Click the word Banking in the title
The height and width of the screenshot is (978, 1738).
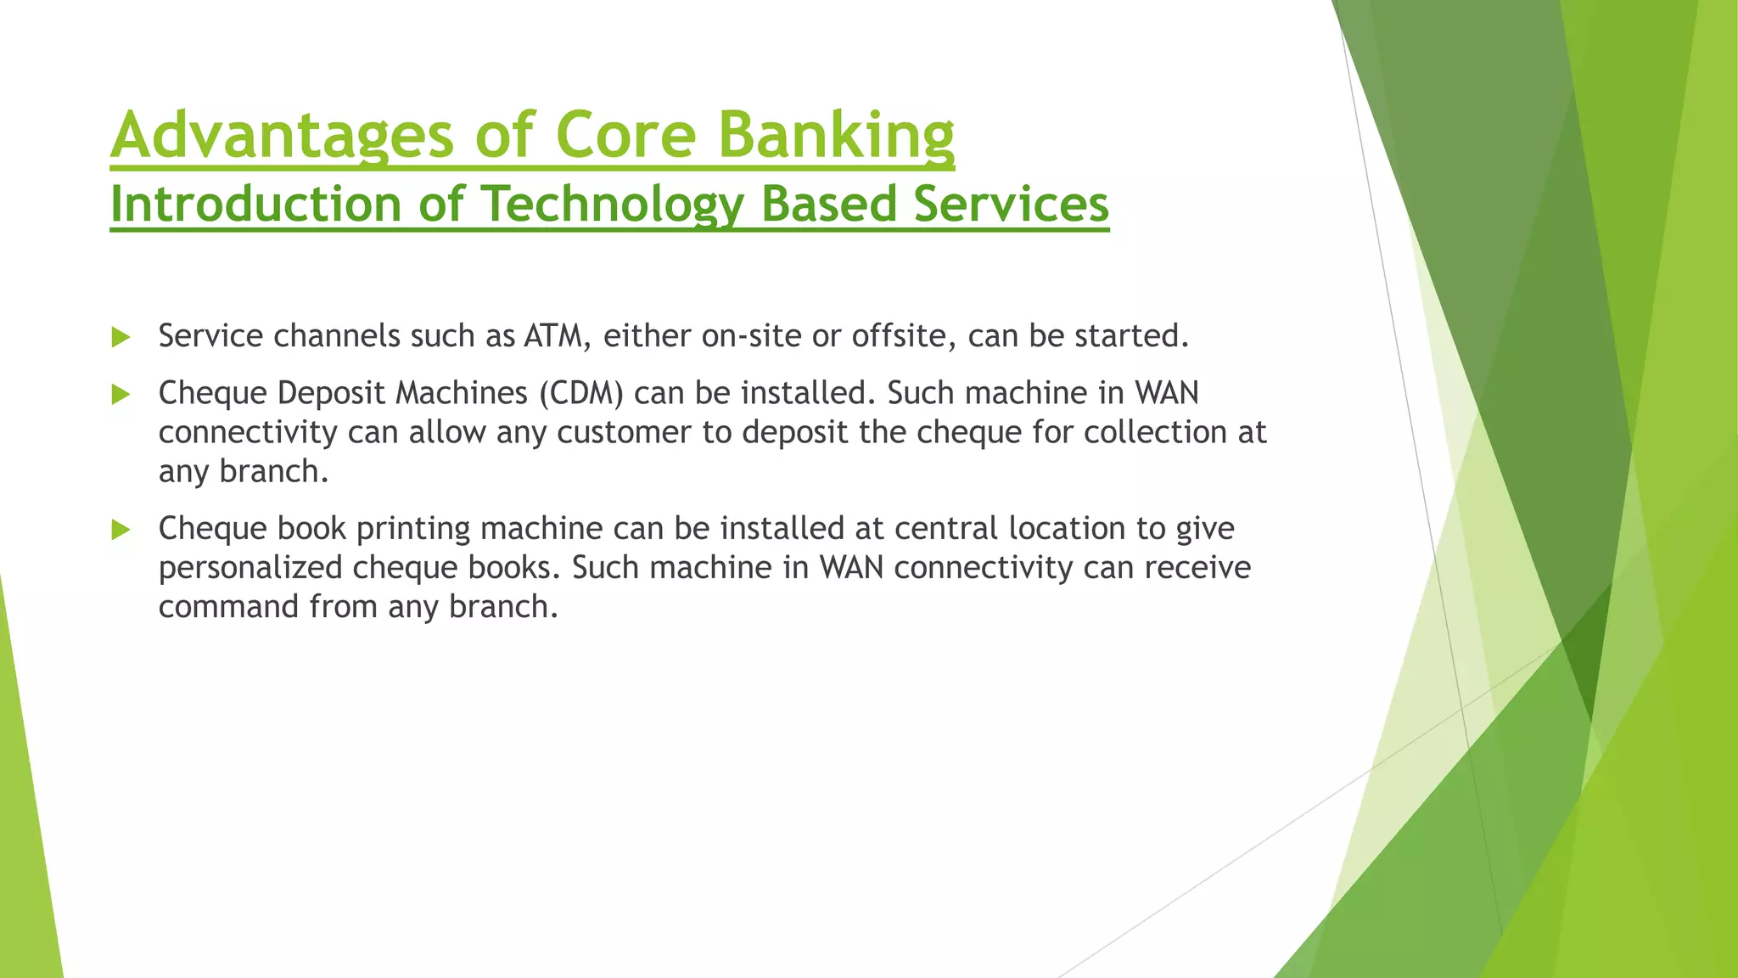pos(836,136)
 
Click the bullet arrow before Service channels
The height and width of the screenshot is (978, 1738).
pos(121,338)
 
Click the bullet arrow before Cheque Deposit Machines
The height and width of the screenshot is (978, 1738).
pos(121,395)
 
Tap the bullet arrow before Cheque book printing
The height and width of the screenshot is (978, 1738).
pos(121,531)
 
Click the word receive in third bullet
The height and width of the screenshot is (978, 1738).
pos(1197,568)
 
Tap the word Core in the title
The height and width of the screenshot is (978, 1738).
pos(626,136)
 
